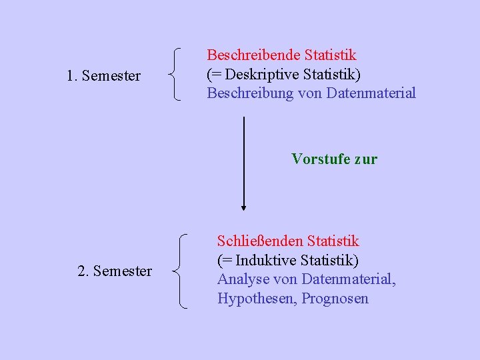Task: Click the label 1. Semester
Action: click(103, 76)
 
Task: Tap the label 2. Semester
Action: click(115, 271)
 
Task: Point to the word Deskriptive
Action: click(263, 73)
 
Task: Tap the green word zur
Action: click(365, 159)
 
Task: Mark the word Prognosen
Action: click(335, 298)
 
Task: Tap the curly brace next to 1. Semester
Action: click(175, 74)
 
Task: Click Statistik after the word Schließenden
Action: click(333, 241)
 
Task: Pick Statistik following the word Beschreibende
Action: click(330, 55)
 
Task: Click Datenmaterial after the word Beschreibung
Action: click(371, 93)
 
